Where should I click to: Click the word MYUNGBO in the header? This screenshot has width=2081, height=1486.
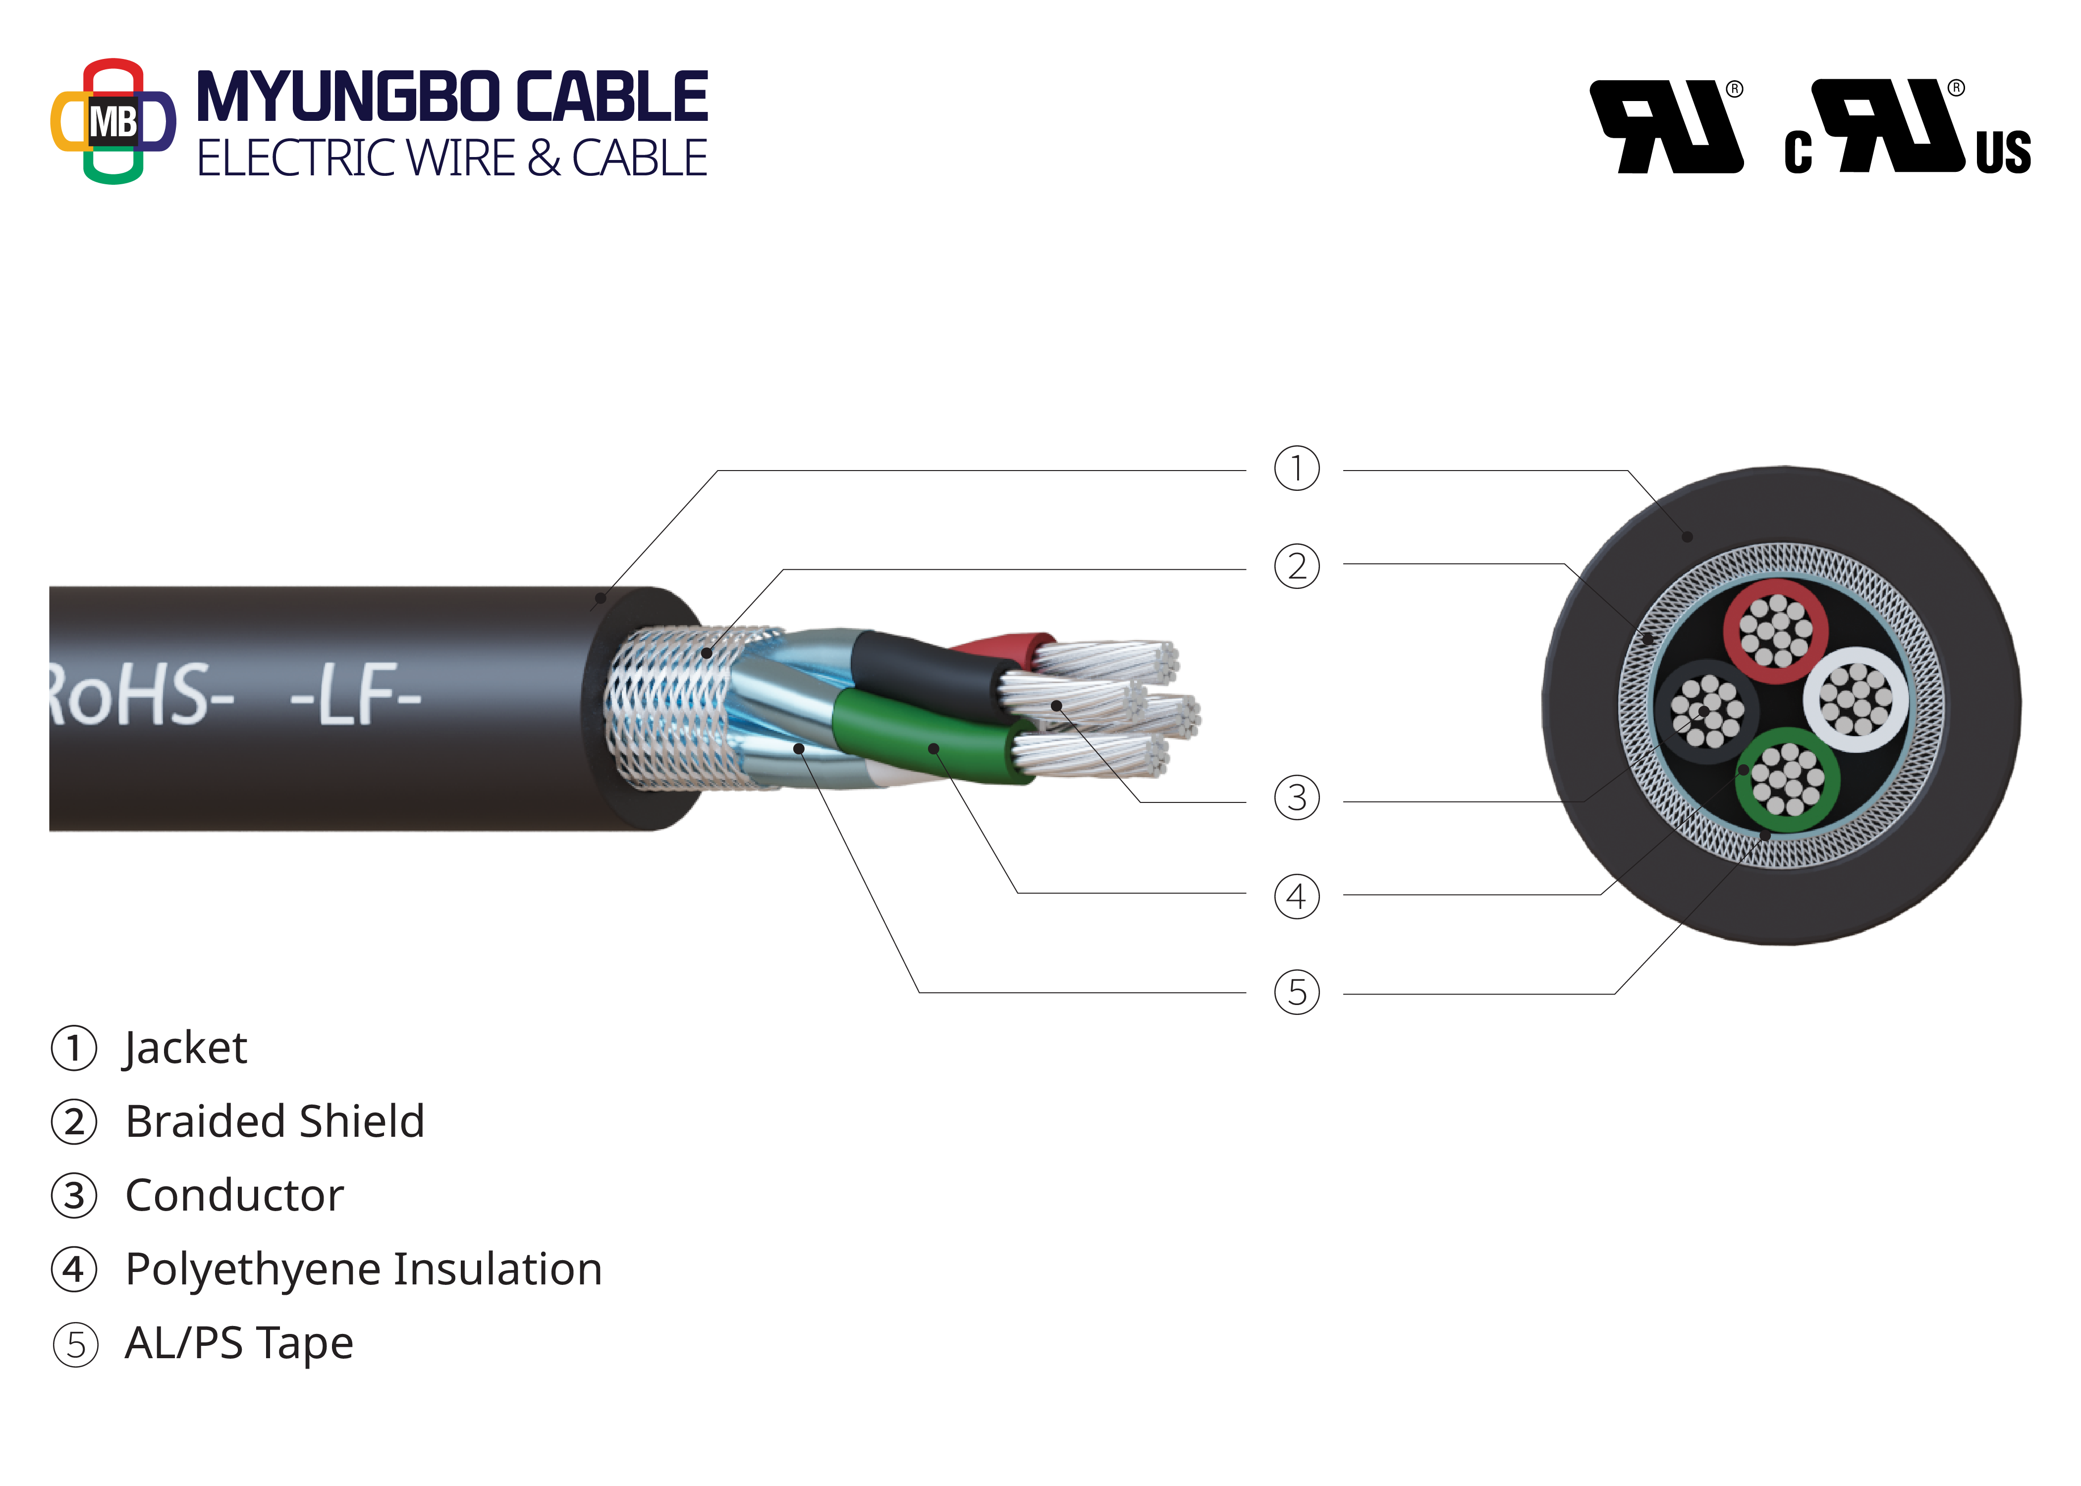(348, 97)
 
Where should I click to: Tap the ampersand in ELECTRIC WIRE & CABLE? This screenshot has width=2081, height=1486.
(544, 159)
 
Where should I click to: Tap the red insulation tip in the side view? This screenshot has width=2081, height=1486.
(1007, 645)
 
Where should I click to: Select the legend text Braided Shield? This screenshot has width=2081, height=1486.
(274, 1122)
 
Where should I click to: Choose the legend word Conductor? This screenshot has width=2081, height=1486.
(234, 1196)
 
